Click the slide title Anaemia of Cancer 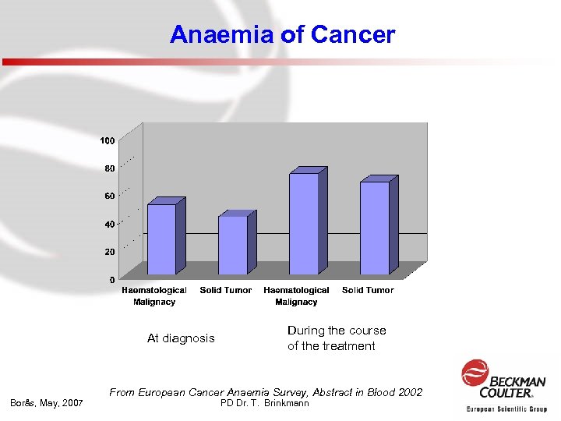(x=282, y=35)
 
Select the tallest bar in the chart (x=304, y=223)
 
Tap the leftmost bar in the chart (x=162, y=239)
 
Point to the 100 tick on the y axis (x=107, y=140)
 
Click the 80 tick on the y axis (x=108, y=168)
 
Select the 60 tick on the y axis (x=108, y=196)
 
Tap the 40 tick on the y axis (x=108, y=225)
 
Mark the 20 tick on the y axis (x=108, y=252)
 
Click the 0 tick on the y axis (x=111, y=279)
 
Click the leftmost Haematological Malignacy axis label (x=154, y=295)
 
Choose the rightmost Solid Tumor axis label (x=368, y=290)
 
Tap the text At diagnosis (x=181, y=338)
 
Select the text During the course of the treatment (x=337, y=338)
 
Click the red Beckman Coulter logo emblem (x=475, y=373)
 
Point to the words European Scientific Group (x=506, y=409)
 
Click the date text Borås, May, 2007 (x=46, y=403)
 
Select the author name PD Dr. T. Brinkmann (x=265, y=403)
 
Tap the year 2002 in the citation (x=409, y=392)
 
